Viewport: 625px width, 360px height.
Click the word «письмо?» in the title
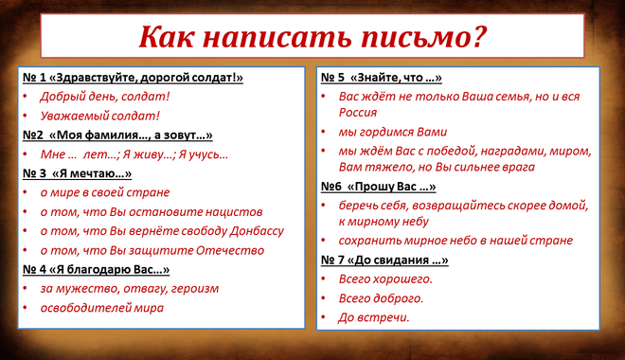click(423, 37)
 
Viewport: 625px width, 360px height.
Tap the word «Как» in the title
click(167, 37)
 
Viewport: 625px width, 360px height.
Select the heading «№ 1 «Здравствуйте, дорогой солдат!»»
click(133, 78)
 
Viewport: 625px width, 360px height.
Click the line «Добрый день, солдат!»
click(105, 97)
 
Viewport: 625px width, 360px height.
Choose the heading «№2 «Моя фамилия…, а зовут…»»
click(117, 135)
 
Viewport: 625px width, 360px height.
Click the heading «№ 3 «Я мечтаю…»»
click(77, 173)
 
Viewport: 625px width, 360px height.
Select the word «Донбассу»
click(257, 231)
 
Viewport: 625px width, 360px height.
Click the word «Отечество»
click(230, 250)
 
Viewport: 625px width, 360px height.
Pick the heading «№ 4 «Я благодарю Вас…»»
click(96, 269)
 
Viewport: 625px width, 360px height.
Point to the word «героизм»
click(195, 289)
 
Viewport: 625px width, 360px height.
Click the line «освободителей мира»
click(102, 308)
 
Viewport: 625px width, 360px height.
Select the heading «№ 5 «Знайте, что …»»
click(382, 78)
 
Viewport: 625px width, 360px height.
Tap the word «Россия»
click(358, 113)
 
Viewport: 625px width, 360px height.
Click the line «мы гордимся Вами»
click(393, 132)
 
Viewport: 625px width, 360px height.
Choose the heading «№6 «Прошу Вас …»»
click(378, 187)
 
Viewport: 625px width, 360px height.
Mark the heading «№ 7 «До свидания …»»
click(384, 260)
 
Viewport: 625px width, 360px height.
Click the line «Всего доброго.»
click(381, 298)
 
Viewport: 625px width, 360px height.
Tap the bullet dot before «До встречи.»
click(324, 317)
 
